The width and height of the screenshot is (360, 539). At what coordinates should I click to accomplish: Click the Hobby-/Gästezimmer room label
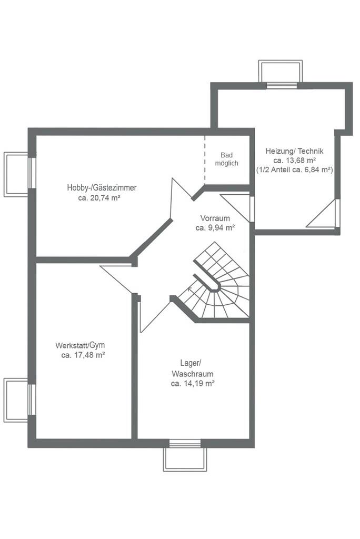102,188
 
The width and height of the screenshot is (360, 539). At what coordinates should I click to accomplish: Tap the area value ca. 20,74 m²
99,198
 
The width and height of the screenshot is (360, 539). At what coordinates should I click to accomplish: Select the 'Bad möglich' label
227,159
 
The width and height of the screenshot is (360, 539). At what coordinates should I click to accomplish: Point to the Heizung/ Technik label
294,151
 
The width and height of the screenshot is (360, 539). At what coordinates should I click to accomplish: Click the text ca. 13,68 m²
295,160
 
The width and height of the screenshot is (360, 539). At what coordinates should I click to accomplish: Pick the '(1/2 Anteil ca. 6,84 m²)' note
295,169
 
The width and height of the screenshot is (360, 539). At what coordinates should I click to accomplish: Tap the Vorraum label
215,218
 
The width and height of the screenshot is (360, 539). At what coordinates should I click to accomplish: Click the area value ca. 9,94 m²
215,227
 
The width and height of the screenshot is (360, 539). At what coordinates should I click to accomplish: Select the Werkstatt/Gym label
80,345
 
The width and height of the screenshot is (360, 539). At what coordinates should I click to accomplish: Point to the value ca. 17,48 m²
83,355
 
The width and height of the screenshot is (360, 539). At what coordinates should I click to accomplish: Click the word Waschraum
193,374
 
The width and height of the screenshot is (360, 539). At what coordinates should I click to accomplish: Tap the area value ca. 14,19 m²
193,384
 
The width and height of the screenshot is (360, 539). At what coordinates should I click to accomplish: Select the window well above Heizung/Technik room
281,72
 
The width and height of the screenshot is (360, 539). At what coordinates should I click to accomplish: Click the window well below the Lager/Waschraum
185,459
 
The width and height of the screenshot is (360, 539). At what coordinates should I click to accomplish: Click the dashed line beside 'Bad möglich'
205,157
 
